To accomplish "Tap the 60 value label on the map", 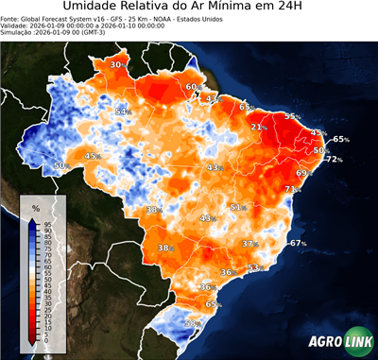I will click(191, 87).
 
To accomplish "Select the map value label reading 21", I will click(257, 127).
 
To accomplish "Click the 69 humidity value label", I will click(302, 173).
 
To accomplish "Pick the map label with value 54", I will click(120, 111).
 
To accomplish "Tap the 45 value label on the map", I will click(92, 156).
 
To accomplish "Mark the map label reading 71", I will click(290, 189).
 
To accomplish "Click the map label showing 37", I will click(249, 243).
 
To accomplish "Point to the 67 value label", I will click(297, 243).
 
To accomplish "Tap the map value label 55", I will click(291, 116).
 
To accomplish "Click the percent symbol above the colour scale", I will click(35, 207).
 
